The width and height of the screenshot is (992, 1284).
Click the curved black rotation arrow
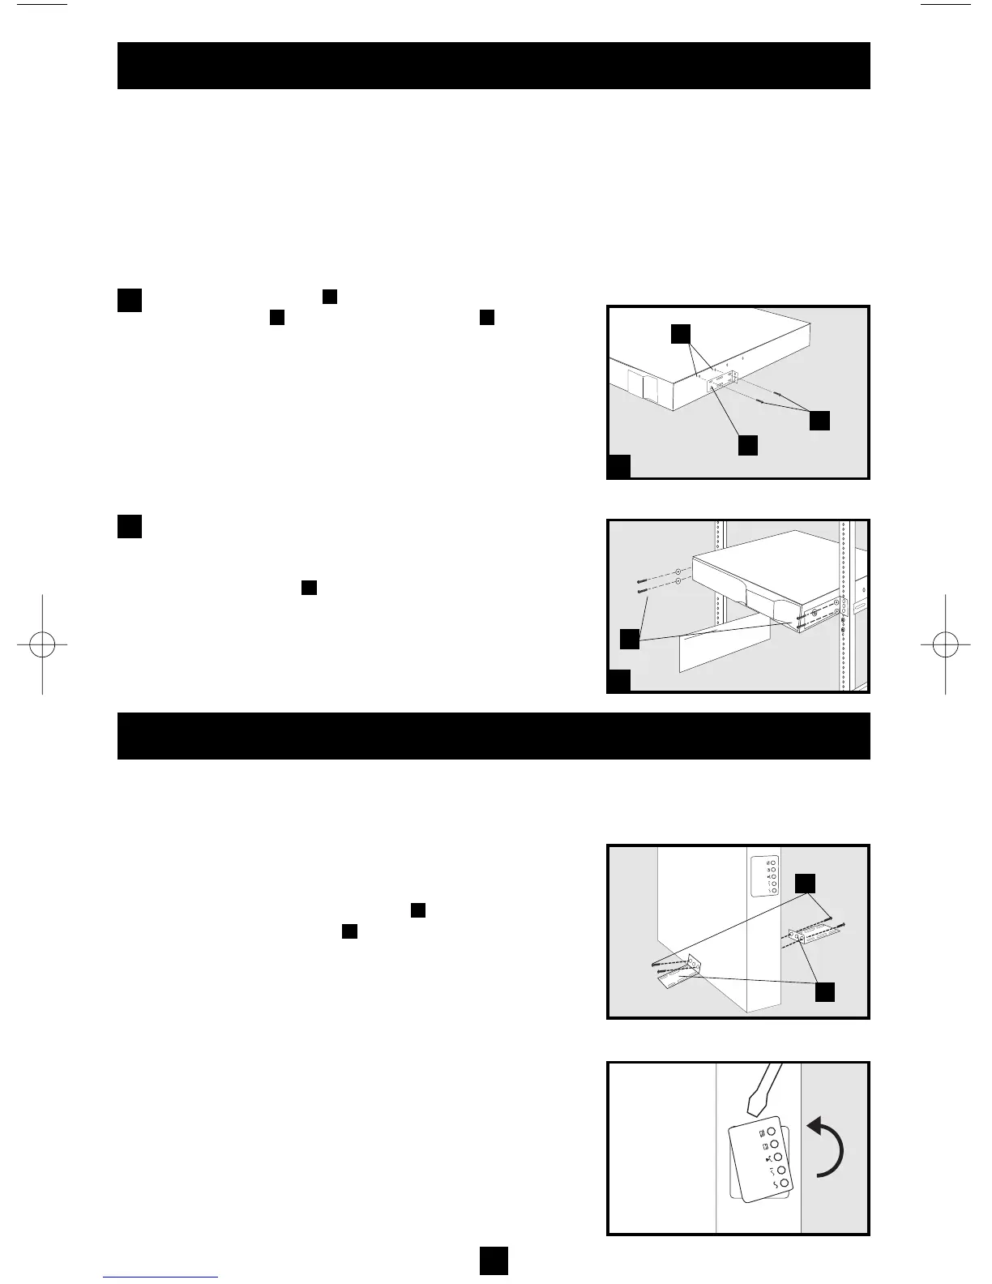coord(830,1148)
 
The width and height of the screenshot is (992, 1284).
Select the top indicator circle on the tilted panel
coord(772,1132)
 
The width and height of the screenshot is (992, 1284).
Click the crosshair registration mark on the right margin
coord(945,644)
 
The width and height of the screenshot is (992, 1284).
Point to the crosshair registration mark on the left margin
coord(41,644)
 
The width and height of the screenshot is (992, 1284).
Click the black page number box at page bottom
coord(493,1260)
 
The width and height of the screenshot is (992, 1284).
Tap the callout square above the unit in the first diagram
coord(682,335)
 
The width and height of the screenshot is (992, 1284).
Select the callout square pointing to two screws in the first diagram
coord(820,420)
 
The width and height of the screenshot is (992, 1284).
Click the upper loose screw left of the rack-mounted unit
coord(641,581)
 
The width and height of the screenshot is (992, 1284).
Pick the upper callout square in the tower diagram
coord(804,884)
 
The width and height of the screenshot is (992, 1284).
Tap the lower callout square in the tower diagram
coord(825,991)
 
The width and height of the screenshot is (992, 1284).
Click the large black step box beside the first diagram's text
coord(130,300)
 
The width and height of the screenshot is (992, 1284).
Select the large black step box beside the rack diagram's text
coord(130,526)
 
